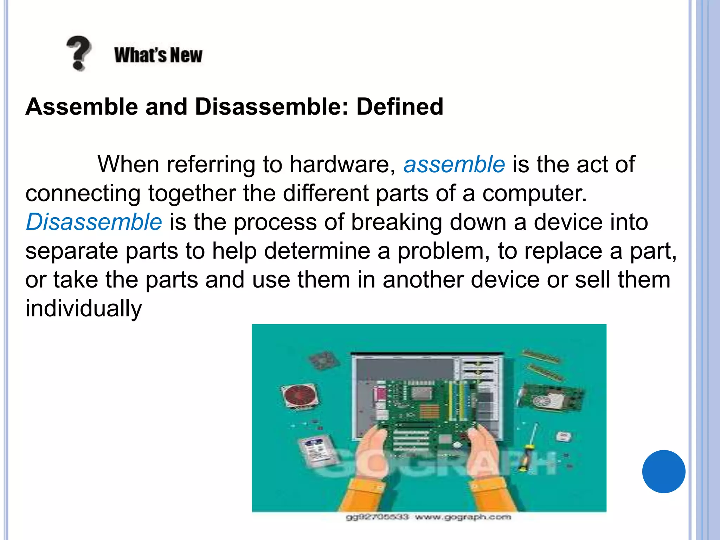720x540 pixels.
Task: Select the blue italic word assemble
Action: pos(454,165)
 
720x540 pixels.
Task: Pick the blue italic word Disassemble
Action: pos(94,222)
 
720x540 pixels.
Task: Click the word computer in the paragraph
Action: pos(534,193)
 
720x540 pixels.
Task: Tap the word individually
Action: pos(84,309)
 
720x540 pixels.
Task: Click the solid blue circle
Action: pos(663,471)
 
